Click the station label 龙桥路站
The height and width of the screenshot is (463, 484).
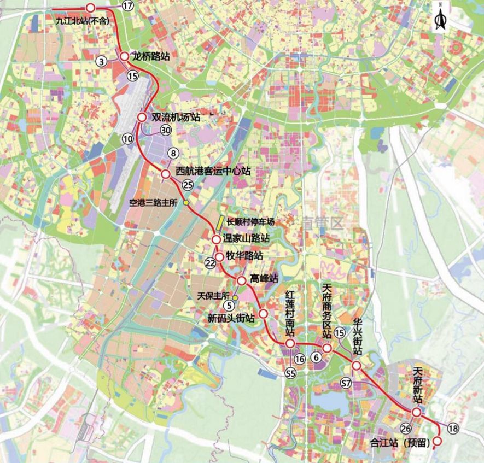click(x=149, y=56)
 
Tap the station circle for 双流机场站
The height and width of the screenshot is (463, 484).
click(x=142, y=118)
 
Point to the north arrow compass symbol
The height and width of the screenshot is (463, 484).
click(x=440, y=17)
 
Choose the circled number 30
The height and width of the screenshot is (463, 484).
click(x=166, y=130)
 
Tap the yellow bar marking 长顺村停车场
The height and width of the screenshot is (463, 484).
click(x=218, y=222)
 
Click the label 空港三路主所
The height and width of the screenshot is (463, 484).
click(x=154, y=202)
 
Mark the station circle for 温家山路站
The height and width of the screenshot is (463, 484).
click(x=217, y=239)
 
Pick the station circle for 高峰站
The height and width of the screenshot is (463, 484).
click(x=242, y=280)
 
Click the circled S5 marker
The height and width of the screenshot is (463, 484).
click(x=290, y=373)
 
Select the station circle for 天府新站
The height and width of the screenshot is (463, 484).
click(x=417, y=413)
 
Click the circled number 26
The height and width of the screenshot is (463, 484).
click(x=406, y=428)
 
